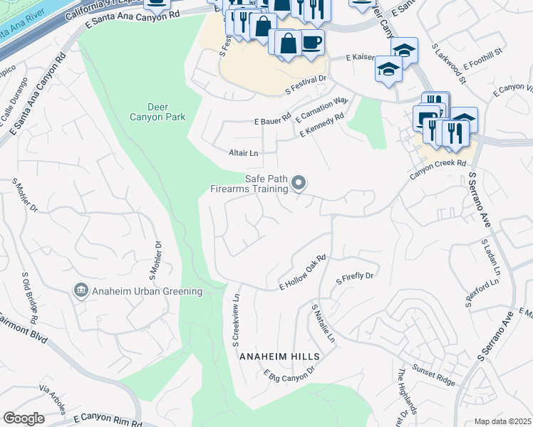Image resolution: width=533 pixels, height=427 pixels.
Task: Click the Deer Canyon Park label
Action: click(x=157, y=111)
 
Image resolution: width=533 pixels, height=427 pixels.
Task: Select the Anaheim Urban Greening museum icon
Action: click(x=80, y=290)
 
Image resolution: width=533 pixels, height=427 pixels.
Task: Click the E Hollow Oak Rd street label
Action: click(x=302, y=272)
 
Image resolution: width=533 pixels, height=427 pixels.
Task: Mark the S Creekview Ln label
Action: click(x=234, y=317)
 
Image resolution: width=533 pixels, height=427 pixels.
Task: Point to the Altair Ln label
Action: click(x=242, y=153)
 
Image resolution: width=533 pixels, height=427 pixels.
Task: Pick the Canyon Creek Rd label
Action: click(x=441, y=164)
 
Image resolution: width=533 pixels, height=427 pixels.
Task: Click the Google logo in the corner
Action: click(x=24, y=418)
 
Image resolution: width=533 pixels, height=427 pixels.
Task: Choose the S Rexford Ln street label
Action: click(x=482, y=293)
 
